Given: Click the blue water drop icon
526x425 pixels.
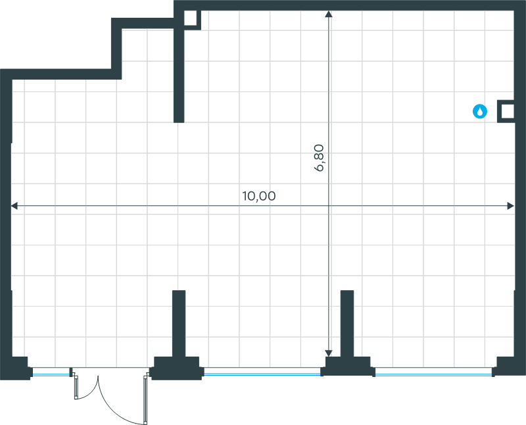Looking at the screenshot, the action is coord(480,111).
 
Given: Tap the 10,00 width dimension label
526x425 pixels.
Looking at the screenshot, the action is coord(259,196).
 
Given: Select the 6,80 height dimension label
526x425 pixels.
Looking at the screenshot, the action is coord(319,158).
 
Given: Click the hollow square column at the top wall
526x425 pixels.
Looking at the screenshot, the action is coord(190,18).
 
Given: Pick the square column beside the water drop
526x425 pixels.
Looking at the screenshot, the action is coord(508,111).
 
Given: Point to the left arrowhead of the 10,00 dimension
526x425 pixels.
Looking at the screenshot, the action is coord(14,206).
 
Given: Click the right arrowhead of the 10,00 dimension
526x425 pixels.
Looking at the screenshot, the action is coord(511,206).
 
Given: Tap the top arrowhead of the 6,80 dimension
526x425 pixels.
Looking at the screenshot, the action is coord(329,14).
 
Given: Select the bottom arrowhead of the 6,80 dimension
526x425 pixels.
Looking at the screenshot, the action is coord(329,353).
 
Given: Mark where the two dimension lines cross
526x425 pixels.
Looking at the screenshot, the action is coord(329,206).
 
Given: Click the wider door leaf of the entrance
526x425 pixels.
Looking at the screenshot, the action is coord(145,399).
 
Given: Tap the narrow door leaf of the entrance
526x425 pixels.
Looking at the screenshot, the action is coord(76,387).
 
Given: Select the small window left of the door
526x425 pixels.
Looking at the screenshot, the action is coord(51,372).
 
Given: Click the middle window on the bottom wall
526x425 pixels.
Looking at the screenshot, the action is coord(262,372).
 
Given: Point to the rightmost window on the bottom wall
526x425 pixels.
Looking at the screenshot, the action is coord(434,372).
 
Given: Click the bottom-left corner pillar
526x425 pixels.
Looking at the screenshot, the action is coord(15,368).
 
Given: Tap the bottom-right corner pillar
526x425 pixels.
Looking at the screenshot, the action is coord(509,366).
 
